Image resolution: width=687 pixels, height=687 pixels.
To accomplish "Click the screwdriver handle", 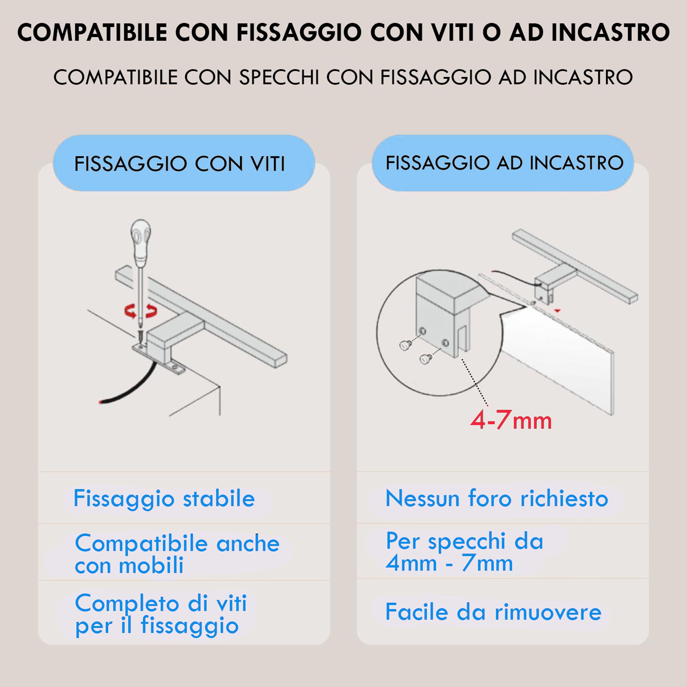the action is point(141,242).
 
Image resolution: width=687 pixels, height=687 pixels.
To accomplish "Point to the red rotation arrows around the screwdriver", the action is point(141,310).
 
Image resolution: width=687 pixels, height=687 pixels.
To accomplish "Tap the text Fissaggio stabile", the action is point(164,499).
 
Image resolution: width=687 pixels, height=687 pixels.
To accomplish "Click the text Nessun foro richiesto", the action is point(497,499).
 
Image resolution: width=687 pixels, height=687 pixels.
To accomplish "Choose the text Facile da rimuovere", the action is point(493,611).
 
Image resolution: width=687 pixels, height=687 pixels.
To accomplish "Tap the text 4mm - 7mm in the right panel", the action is point(449,563).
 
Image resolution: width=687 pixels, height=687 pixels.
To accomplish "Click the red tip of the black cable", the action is point(100,402).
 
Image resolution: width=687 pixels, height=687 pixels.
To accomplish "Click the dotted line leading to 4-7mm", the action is point(474,382).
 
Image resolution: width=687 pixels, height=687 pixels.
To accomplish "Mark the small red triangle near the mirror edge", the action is point(557,310).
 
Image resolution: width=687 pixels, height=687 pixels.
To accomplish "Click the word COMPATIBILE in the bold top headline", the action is point(92,33).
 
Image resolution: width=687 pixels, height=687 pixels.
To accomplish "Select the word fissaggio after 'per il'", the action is point(189,626).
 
